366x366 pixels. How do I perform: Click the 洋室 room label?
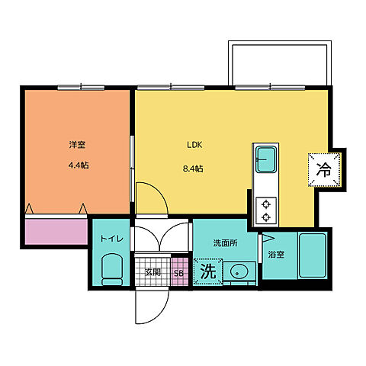[x=76, y=143]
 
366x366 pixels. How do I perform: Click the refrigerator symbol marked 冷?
[x=323, y=168]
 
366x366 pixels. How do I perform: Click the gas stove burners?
[x=266, y=210]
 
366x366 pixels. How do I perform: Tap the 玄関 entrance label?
[x=152, y=272]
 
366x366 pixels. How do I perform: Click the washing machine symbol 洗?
[x=207, y=271]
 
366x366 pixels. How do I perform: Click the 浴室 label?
[x=275, y=255]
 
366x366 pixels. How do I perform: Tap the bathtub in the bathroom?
[x=313, y=256]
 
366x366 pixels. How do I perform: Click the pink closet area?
[x=56, y=231]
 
